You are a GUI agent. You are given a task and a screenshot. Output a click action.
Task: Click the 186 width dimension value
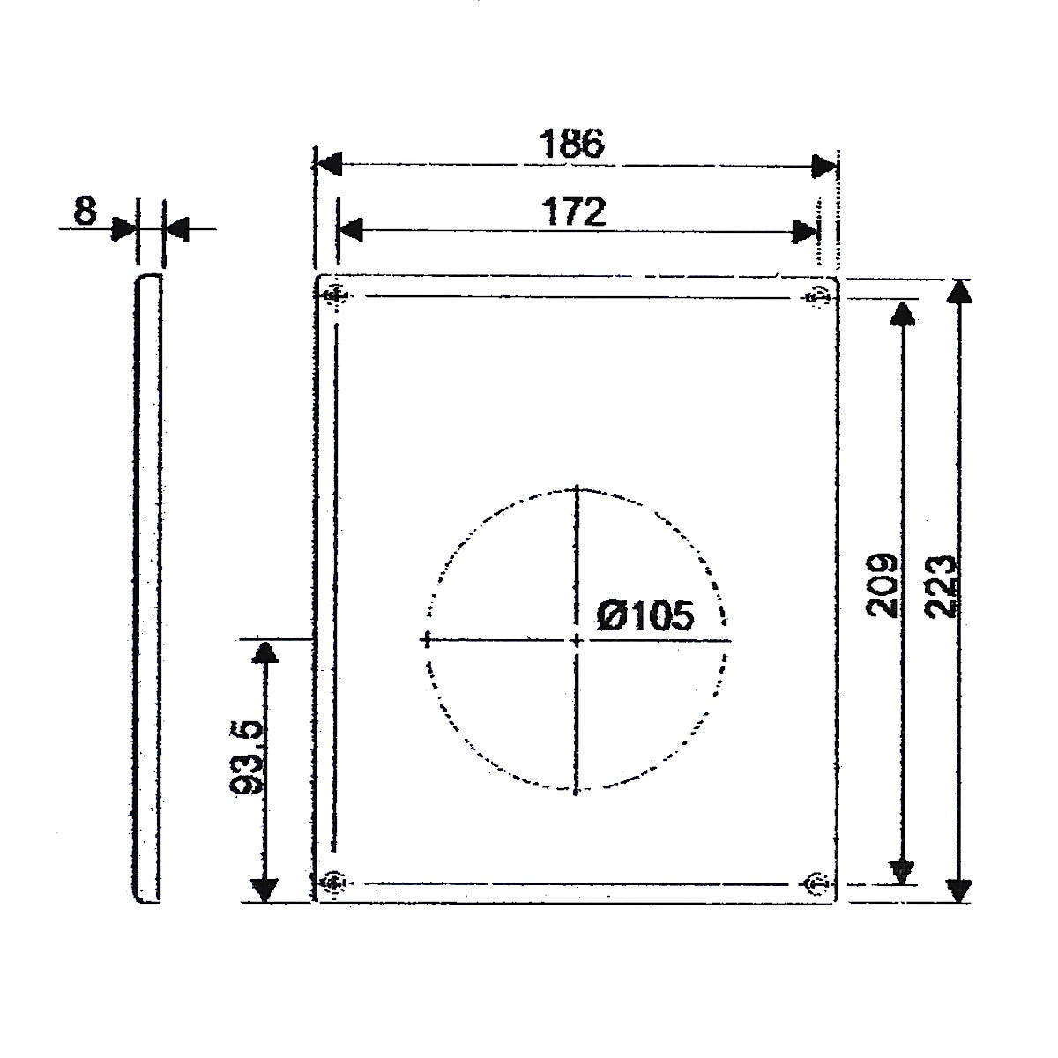click(571, 144)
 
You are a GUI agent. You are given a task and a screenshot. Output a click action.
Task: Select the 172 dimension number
click(574, 212)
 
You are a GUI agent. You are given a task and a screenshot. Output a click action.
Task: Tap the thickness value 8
click(86, 211)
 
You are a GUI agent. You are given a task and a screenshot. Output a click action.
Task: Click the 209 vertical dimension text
click(882, 585)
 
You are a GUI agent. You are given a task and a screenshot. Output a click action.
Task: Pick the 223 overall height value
click(941, 587)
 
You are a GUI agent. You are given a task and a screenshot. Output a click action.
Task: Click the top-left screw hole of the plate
click(335, 297)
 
